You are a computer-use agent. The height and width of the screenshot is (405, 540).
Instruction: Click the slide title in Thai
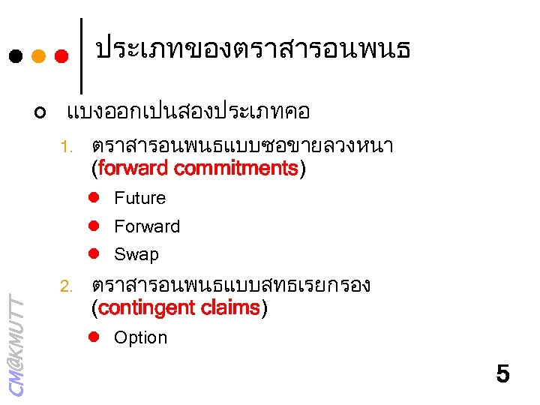[253, 50]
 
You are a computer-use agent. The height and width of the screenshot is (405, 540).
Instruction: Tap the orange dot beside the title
[39, 56]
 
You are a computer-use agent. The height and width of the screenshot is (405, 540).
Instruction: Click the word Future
[139, 198]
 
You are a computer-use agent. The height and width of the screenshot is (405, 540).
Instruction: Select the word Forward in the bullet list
[147, 226]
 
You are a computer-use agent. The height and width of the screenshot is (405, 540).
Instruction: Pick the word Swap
[136, 254]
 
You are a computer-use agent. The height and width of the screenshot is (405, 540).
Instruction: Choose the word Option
[140, 337]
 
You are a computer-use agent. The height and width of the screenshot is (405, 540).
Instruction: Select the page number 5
[502, 373]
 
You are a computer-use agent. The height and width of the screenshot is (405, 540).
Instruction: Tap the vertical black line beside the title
[81, 52]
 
